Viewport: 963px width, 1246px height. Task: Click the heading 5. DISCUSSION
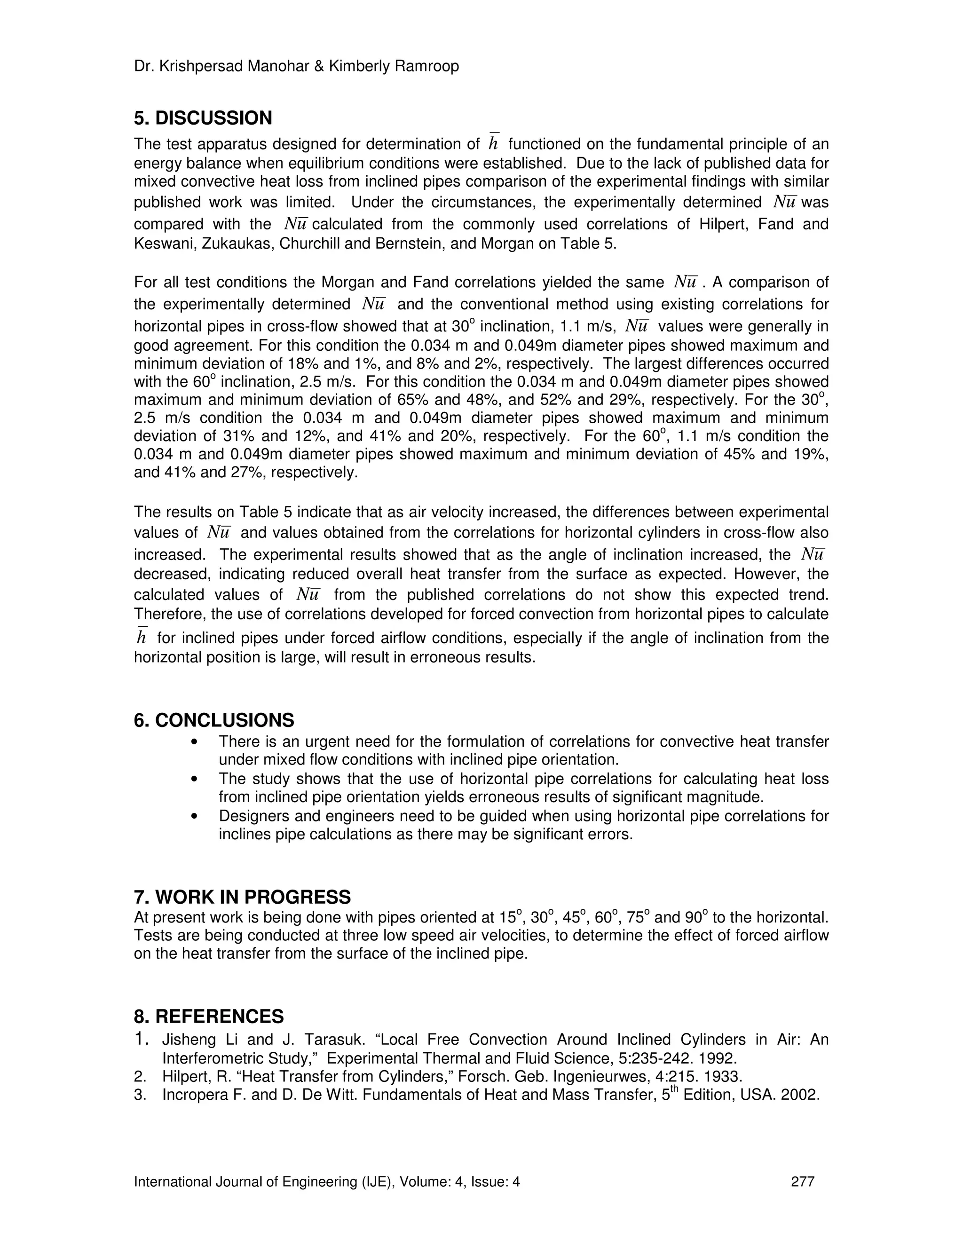click(x=203, y=118)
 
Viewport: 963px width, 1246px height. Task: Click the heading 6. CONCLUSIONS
click(x=214, y=720)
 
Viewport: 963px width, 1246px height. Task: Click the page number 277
click(x=803, y=1182)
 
